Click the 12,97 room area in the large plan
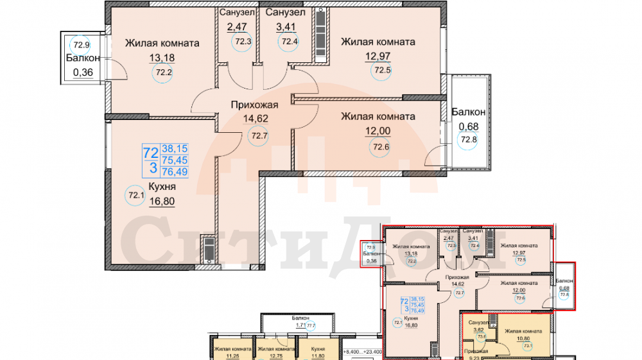(377, 57)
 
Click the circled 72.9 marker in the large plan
(81, 45)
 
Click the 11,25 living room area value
(224, 356)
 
